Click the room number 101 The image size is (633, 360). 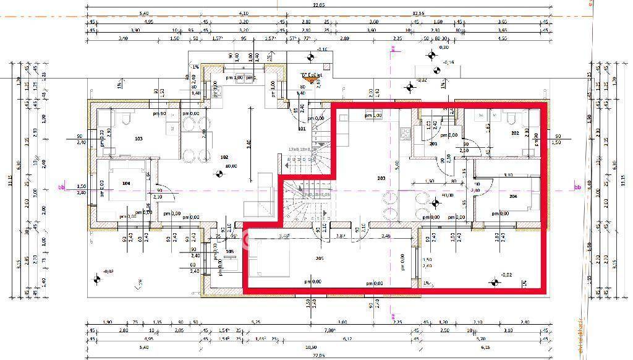coord(302,129)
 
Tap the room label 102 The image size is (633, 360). coord(224,157)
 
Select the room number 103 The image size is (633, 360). coord(138,139)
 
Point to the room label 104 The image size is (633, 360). coord(126,184)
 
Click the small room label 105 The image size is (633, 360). coord(230,252)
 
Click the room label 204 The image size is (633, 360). coord(512,196)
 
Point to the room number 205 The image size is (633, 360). coord(319,258)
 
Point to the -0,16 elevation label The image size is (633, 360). coord(449,62)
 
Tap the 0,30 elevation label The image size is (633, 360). coord(443,47)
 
